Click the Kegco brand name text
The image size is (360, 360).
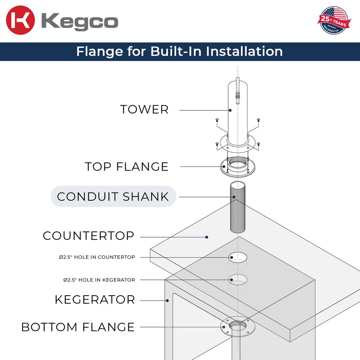point(80,22)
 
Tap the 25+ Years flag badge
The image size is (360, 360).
point(333,20)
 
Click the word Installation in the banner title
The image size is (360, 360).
point(244,51)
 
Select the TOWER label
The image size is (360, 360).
point(144,109)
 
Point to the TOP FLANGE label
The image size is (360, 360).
point(126,167)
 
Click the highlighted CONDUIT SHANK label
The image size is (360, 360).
point(113,196)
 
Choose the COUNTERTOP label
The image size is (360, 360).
point(89,236)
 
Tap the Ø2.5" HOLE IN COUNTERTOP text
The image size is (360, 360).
point(97,257)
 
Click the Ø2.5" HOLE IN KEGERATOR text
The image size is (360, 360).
point(99,280)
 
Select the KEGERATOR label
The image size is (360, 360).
point(94,300)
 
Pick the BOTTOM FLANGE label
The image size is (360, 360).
point(78,327)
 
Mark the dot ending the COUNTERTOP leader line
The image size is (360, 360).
point(207,236)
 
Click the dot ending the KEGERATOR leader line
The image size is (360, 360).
point(167,300)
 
